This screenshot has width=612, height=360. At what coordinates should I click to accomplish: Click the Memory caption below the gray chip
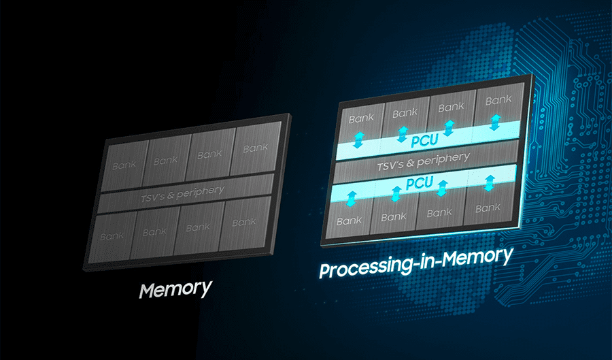click(x=175, y=289)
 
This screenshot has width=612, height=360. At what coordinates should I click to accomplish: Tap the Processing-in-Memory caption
click(x=415, y=262)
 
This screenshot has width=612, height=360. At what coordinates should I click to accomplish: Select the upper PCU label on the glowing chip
click(x=424, y=140)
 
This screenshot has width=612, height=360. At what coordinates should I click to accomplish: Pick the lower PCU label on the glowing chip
click(x=420, y=183)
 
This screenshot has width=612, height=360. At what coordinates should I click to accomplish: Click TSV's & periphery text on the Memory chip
click(x=182, y=194)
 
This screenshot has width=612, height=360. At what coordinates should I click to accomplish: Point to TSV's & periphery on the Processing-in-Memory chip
click(x=423, y=161)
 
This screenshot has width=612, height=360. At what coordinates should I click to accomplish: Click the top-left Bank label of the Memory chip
click(x=124, y=165)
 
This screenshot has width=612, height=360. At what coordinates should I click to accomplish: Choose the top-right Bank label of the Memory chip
click(x=256, y=148)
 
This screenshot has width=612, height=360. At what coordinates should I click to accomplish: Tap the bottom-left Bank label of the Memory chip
click(x=112, y=236)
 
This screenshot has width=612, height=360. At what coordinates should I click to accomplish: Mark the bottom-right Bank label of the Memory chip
click(x=244, y=222)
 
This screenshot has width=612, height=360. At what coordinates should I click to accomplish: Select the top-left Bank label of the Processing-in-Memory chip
click(x=361, y=118)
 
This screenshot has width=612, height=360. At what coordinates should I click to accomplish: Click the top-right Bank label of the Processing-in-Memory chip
click(x=498, y=101)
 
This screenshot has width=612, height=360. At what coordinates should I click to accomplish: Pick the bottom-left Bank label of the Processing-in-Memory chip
click(x=349, y=221)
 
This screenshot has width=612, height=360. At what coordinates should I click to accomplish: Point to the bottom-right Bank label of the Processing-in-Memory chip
click(x=488, y=208)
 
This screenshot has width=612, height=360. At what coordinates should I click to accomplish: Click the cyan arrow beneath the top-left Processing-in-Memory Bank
click(x=358, y=140)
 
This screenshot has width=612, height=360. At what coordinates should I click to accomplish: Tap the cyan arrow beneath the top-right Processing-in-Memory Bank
click(x=495, y=122)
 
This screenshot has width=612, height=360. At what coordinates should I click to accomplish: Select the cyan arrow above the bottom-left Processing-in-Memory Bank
click(x=352, y=198)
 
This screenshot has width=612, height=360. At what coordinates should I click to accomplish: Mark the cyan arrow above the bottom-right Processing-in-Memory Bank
click(x=490, y=183)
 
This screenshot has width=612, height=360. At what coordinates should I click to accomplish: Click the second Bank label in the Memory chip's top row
click(x=165, y=160)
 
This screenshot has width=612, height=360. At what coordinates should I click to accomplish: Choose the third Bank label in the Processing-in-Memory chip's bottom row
click(x=439, y=213)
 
